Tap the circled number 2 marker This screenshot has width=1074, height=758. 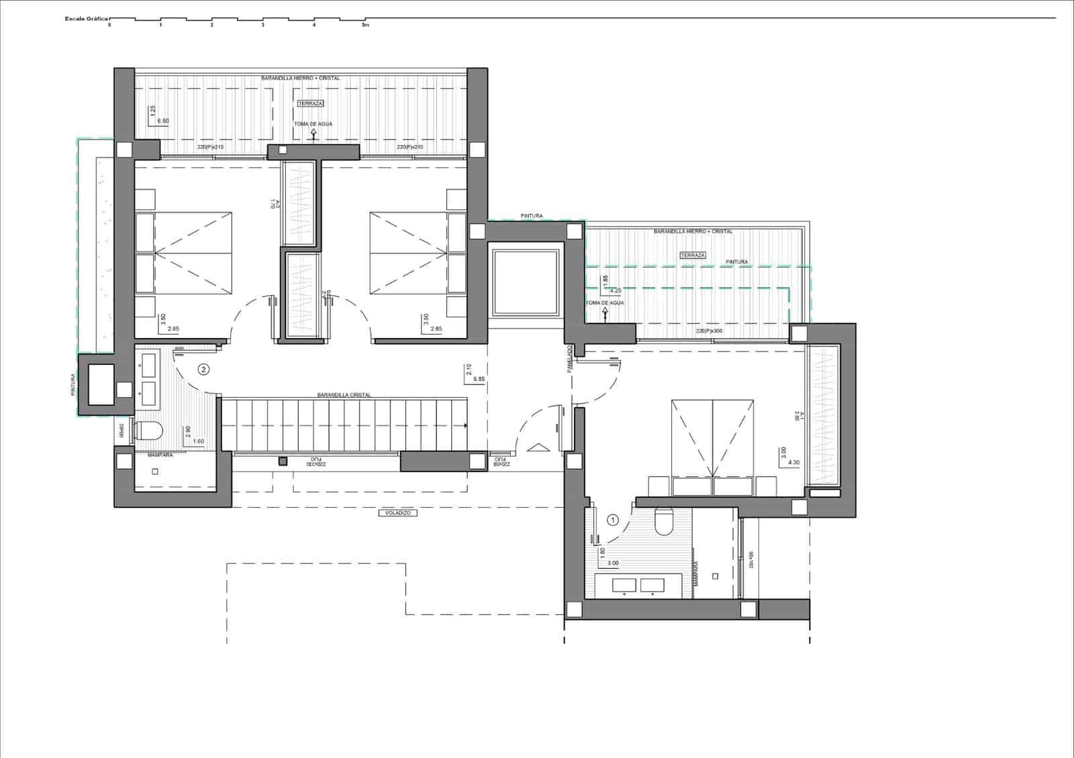[203, 369]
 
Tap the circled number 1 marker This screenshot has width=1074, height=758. [612, 519]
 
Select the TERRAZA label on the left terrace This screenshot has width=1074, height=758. [310, 103]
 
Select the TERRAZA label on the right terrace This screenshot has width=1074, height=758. [692, 256]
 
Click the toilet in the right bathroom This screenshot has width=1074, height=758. [663, 522]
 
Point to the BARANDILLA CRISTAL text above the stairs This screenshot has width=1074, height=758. [344, 395]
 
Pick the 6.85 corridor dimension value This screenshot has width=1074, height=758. [479, 379]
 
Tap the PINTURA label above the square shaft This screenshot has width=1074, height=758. [531, 216]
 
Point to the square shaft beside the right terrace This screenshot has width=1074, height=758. [526, 282]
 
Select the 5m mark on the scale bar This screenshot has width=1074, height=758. [365, 25]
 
